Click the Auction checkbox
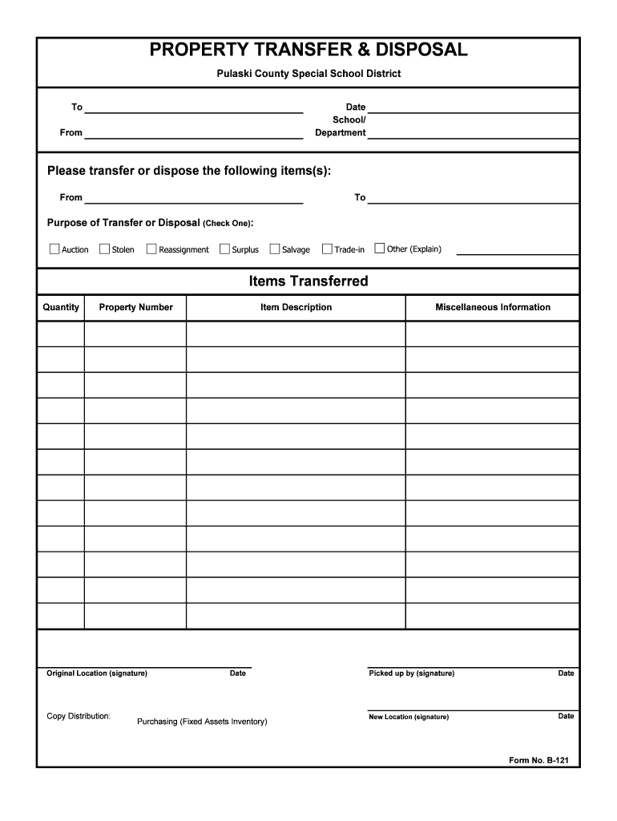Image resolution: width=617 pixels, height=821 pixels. [x=54, y=249]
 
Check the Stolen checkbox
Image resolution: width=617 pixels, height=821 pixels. [x=104, y=249]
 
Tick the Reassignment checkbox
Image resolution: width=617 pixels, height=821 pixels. [x=151, y=249]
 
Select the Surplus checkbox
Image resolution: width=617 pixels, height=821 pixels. [x=224, y=249]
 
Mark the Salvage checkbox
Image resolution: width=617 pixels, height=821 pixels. [x=275, y=249]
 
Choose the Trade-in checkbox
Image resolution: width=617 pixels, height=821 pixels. [x=327, y=249]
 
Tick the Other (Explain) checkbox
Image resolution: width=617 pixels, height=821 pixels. [x=380, y=249]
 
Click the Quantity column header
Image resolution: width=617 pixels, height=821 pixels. [x=61, y=307]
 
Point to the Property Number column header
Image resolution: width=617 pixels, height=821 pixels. [x=135, y=307]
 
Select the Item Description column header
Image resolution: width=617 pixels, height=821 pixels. [x=296, y=307]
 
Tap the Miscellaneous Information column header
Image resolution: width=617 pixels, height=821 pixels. [x=492, y=307]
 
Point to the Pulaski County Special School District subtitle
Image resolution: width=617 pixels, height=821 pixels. [x=308, y=74]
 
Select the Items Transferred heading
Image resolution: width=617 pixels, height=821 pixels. [x=308, y=281]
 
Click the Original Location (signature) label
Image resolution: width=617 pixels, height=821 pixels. [x=97, y=673]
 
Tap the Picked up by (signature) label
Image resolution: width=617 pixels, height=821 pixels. [x=411, y=673]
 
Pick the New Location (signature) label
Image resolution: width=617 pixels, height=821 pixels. [x=409, y=717]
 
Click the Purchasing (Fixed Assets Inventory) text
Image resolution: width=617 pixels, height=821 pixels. [x=202, y=722]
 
